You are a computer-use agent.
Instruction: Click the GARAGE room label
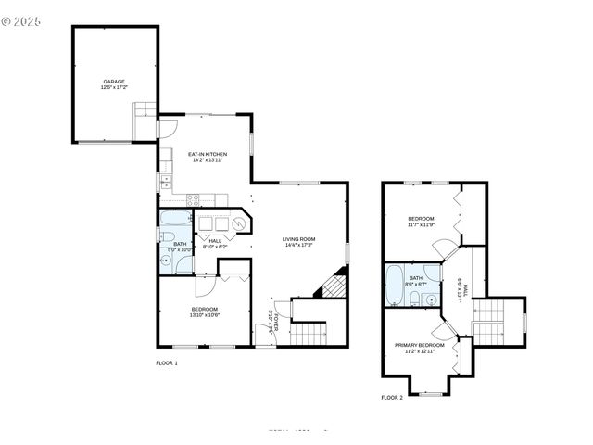(114, 82)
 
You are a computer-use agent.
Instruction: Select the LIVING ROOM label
(299, 239)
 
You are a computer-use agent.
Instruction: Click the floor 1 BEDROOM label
(204, 309)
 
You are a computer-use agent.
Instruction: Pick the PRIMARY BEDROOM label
(420, 345)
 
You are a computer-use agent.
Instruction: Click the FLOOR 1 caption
(167, 362)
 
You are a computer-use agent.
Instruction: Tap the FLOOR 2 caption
(392, 397)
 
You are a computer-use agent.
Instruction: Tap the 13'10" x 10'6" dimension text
(204, 315)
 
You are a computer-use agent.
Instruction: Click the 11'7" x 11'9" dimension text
(421, 224)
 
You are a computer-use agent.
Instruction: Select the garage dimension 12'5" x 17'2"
(114, 87)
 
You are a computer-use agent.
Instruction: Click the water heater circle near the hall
(239, 223)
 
